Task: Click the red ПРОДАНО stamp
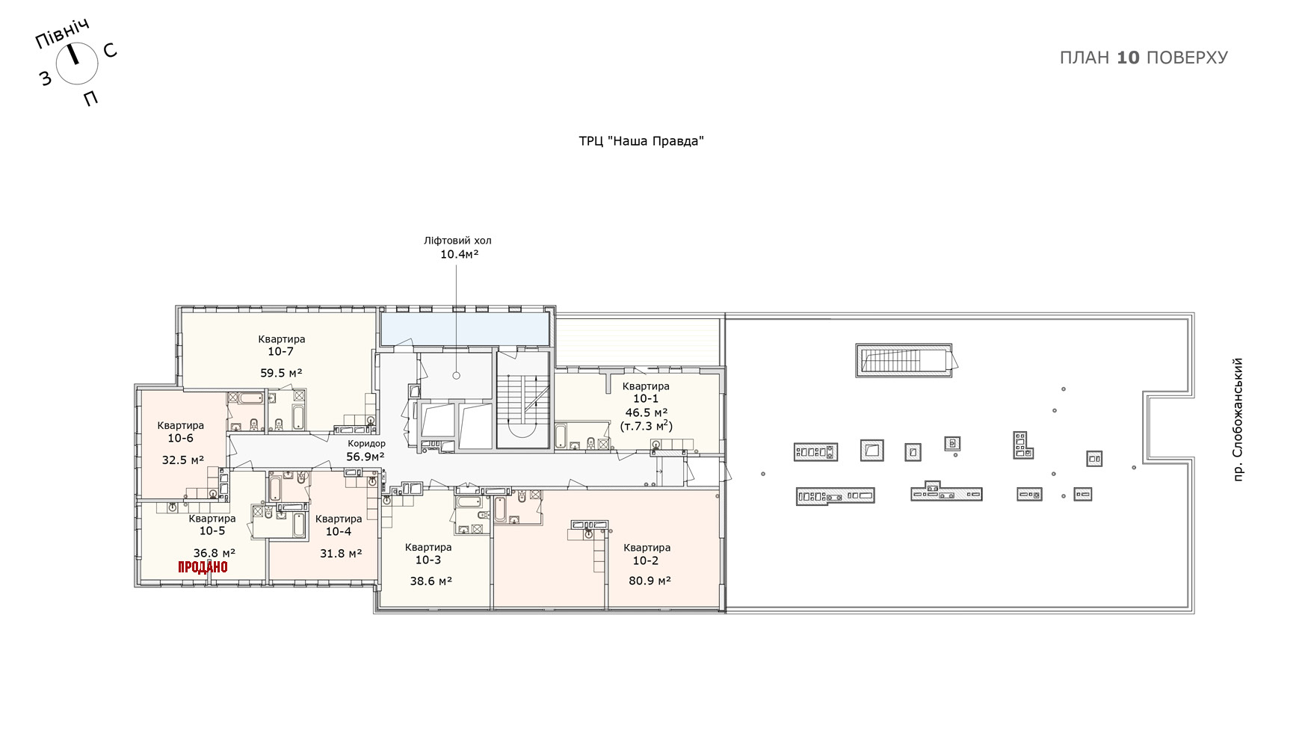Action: coord(203,567)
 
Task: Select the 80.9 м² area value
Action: coord(650,580)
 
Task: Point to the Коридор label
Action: coord(367,444)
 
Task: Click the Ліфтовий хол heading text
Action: coord(457,241)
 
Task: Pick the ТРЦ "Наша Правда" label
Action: coord(641,141)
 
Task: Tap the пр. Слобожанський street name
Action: coord(1238,419)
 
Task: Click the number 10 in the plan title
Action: coord(1128,58)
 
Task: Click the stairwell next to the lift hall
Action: coord(523,400)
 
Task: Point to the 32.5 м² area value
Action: coord(183,460)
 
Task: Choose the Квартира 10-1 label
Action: coord(646,392)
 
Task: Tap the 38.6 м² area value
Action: coord(431,581)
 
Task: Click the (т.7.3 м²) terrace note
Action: coord(647,426)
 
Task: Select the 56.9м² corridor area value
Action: coord(365,457)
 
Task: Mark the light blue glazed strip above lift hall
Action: coord(465,329)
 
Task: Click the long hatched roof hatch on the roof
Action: coord(904,360)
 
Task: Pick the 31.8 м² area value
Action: coord(341,554)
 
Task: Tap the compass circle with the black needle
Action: coord(77,63)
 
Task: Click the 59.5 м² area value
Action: coord(281,373)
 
